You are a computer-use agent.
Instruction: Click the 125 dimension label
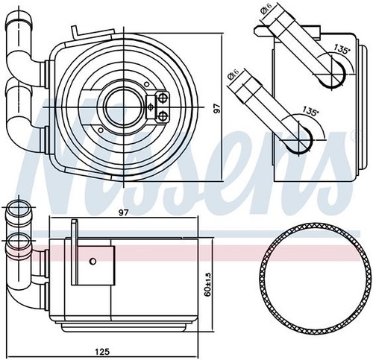(x=102, y=351)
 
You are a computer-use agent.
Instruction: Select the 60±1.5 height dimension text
(x=208, y=284)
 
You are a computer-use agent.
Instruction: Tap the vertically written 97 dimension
(x=217, y=109)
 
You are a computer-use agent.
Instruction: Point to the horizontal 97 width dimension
(x=123, y=212)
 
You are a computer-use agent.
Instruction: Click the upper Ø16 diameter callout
(x=266, y=9)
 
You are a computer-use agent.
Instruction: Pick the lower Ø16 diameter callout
(x=233, y=74)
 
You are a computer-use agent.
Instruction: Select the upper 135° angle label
(x=342, y=48)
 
